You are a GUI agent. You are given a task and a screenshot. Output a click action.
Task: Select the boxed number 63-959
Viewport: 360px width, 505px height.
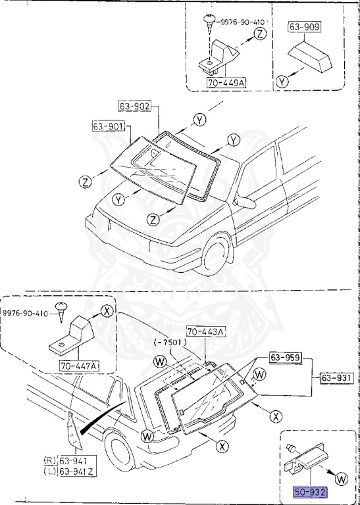[285, 358]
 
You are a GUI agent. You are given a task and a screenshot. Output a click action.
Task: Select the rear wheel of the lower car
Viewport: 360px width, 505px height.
[124, 453]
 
